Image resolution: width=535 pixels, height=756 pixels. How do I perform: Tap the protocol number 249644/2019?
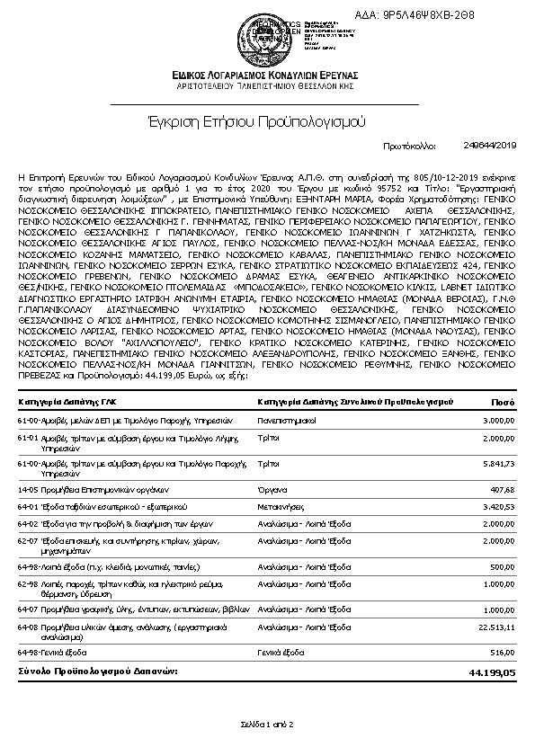[489, 145]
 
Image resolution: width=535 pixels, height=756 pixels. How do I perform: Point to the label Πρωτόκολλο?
[409, 145]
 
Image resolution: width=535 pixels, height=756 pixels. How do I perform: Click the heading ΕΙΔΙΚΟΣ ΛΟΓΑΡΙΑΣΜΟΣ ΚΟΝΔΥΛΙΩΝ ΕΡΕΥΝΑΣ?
[267, 73]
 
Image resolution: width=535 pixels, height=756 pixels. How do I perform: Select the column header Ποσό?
[503, 402]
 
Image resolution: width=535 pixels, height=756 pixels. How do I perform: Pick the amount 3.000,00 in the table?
[498, 420]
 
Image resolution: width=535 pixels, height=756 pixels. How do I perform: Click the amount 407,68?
[503, 490]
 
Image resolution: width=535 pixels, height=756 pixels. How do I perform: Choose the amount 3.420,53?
[498, 507]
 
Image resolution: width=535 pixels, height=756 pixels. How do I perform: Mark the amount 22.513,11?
[496, 627]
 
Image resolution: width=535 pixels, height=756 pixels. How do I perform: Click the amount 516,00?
[503, 650]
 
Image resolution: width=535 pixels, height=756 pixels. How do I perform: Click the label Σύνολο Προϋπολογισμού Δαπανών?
[94, 672]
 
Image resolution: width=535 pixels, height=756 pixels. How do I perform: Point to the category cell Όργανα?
[271, 490]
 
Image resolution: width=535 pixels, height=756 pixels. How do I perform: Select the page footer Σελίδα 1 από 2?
[267, 723]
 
